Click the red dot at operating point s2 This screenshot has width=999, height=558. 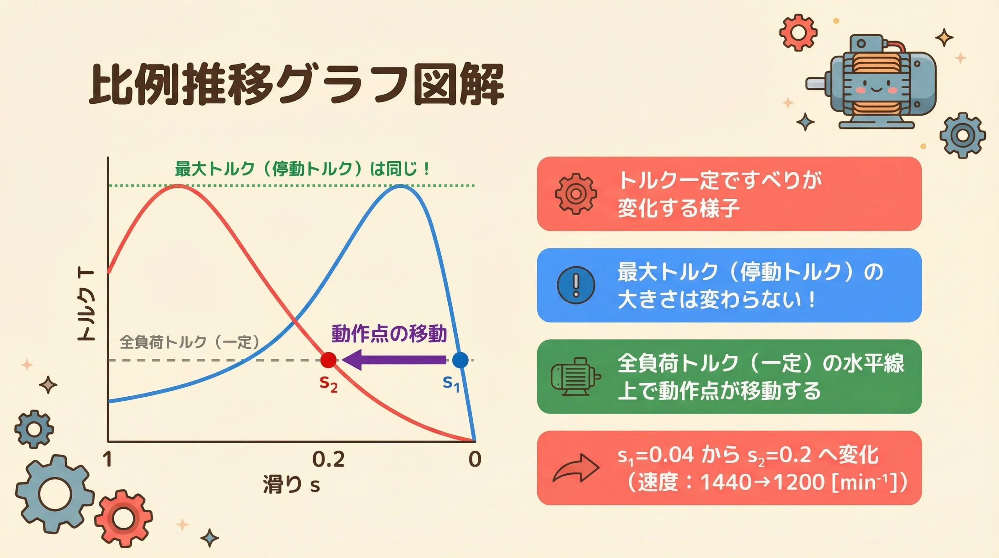point(328,360)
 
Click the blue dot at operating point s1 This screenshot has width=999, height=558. point(460,360)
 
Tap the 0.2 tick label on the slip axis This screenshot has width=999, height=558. point(329,460)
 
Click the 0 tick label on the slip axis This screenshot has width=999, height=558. point(475,460)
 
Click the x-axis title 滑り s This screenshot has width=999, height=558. point(292,485)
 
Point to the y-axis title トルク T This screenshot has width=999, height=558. point(86,305)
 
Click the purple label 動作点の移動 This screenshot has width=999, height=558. point(389,334)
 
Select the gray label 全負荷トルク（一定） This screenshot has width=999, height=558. point(190,342)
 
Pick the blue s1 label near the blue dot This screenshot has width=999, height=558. point(451,383)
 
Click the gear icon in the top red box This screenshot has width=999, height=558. point(576,194)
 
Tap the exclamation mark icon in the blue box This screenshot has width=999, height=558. point(576,285)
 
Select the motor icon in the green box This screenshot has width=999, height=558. point(575,377)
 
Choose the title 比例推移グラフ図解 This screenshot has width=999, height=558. point(297,85)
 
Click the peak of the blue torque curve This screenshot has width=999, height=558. point(401,186)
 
